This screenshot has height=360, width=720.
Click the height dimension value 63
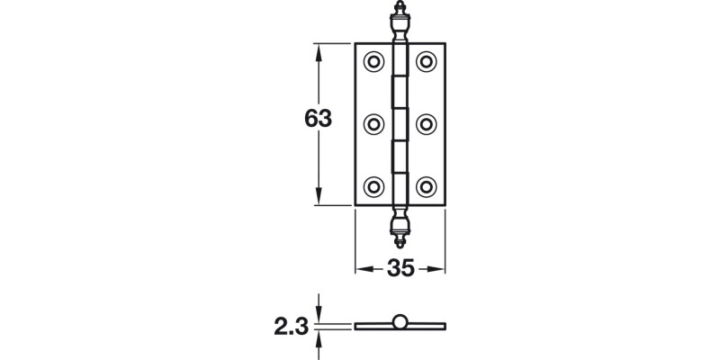point(319,119)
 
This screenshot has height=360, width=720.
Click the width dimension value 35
point(400,268)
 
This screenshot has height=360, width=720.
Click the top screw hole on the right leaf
point(426,62)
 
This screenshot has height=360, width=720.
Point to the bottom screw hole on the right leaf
point(426,185)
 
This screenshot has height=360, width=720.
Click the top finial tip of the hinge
point(400,10)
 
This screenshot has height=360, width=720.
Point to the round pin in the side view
point(400,321)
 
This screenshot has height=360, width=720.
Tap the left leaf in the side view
point(373,325)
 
